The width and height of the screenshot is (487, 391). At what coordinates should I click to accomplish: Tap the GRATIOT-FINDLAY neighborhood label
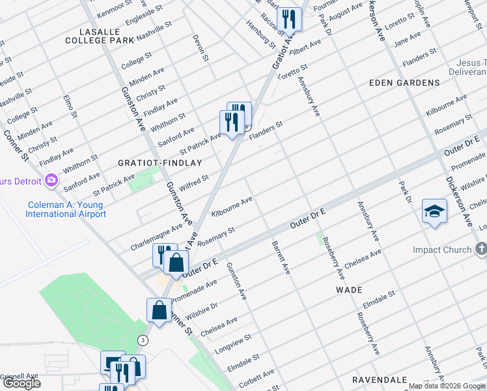(160, 162)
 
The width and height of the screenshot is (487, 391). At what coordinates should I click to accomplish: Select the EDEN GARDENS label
(404, 83)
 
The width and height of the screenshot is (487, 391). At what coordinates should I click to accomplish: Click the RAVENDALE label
(380, 379)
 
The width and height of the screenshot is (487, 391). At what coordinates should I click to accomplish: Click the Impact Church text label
(442, 250)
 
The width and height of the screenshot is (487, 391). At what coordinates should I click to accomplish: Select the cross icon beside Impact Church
(480, 248)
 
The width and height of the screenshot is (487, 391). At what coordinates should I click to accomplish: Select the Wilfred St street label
(193, 182)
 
